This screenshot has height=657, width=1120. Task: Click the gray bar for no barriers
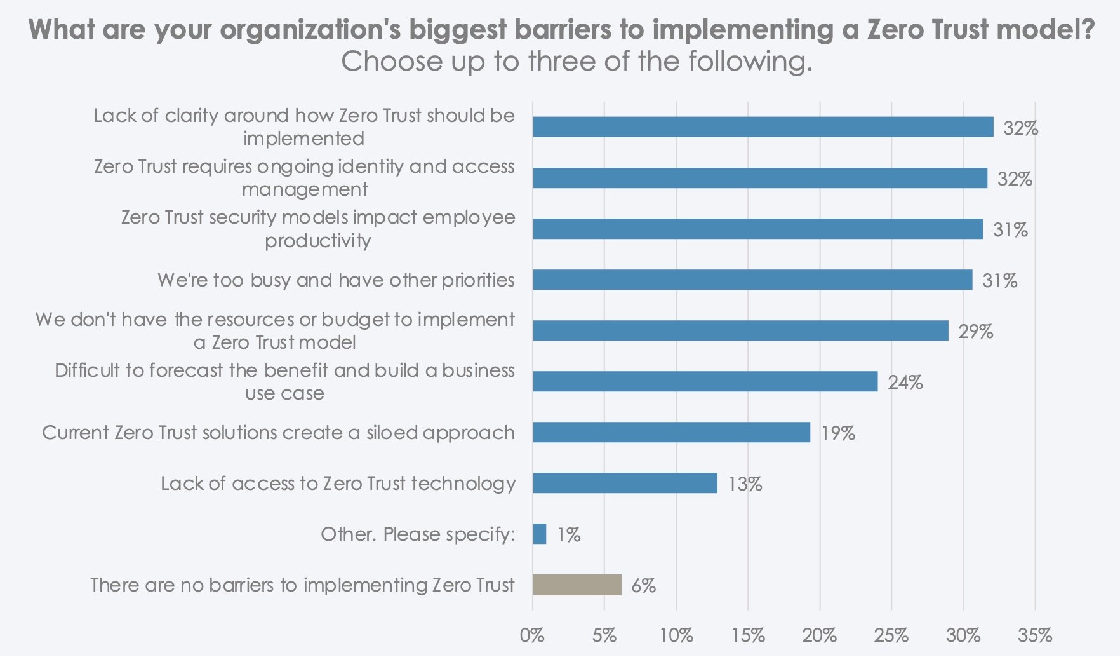point(577,585)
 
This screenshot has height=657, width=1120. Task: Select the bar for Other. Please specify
point(540,534)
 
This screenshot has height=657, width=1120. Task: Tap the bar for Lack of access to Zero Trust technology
point(625,483)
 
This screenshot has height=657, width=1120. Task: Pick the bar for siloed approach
point(671,432)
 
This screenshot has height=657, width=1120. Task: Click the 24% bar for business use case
point(705,381)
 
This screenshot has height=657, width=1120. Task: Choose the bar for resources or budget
point(740,330)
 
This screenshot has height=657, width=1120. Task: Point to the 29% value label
point(975,331)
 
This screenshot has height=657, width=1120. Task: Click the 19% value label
point(838,433)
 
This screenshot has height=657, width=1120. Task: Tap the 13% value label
point(745,484)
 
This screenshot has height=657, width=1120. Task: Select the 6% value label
point(643,585)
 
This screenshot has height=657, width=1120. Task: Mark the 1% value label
point(568,534)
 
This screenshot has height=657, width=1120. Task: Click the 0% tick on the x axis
point(532,635)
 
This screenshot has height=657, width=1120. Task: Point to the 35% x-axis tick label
point(1035,635)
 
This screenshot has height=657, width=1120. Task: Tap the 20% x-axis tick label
point(819,635)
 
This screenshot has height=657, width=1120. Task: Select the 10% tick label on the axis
point(676,635)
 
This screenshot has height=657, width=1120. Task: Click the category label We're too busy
point(336,280)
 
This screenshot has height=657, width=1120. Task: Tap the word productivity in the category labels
point(317,241)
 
